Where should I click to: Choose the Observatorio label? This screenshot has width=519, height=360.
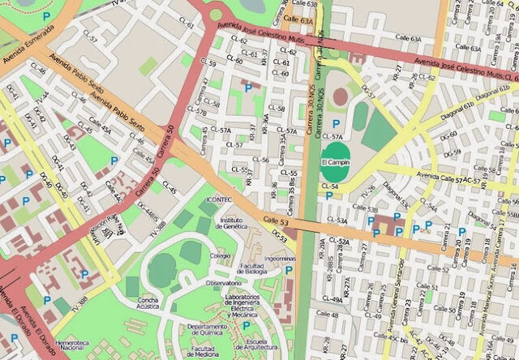[x=225, y=282]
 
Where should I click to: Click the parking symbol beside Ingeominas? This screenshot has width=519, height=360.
[x=289, y=270]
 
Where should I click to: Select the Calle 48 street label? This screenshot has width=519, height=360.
[x=327, y=314]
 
